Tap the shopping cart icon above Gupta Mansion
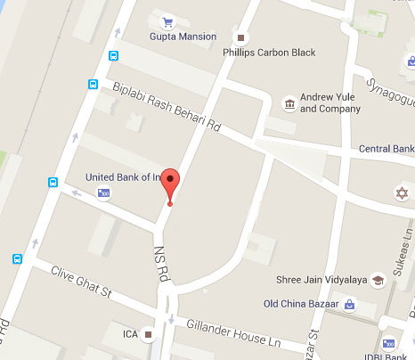click(x=167, y=21)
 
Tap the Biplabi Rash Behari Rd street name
click(x=167, y=108)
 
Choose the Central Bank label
click(x=385, y=148)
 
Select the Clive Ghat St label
click(x=80, y=280)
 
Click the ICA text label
click(x=130, y=335)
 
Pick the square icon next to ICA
click(x=149, y=335)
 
